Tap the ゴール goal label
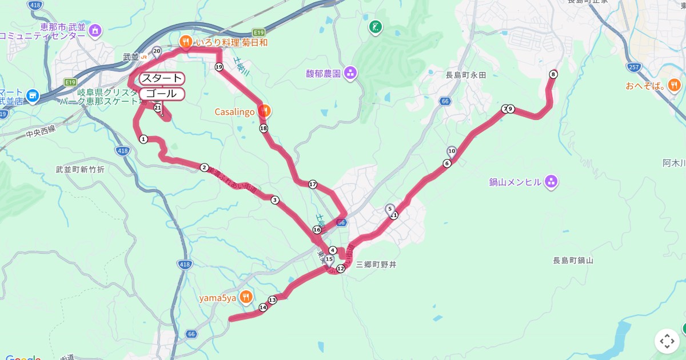tap(162, 94)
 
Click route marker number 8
tap(553, 74)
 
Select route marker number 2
tap(204, 167)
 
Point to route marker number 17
tap(313, 185)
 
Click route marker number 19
tap(219, 67)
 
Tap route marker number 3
tap(275, 200)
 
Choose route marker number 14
tap(263, 307)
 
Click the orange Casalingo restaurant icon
tap(263, 110)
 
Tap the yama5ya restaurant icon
tap(245, 296)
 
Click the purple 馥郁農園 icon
tap(350, 73)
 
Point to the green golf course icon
tap(375, 26)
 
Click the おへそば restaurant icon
tap(675, 86)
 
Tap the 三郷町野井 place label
tap(376, 265)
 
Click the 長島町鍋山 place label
tap(573, 261)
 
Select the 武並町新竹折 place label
tap(80, 170)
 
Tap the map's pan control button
tap(667, 341)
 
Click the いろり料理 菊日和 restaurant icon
tap(186, 42)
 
